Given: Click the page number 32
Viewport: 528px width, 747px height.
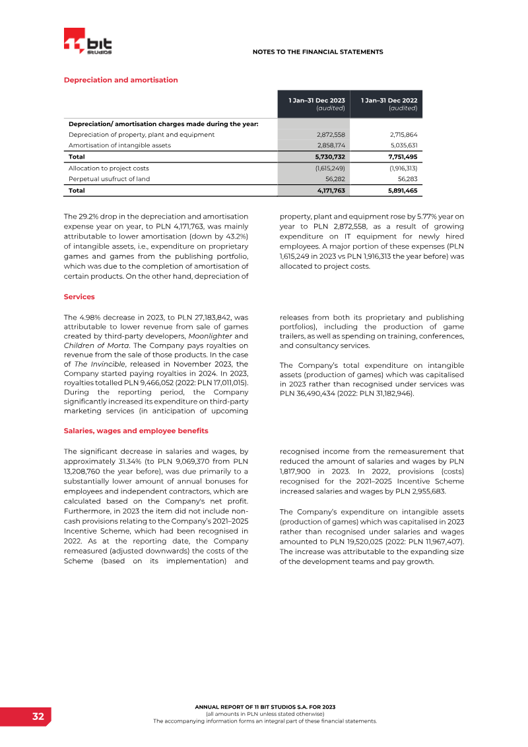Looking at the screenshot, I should coord(38,717).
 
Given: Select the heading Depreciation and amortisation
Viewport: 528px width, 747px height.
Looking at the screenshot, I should coord(121,80).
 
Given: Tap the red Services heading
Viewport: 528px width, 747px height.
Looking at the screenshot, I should coord(79,297).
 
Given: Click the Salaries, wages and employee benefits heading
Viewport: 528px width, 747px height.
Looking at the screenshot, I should coord(136,431).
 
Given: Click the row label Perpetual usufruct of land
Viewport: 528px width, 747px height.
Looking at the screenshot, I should coord(109,178).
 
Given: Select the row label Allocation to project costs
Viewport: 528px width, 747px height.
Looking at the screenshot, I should coord(108,168).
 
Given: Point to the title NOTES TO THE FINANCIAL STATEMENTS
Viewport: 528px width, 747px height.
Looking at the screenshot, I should coord(318,52).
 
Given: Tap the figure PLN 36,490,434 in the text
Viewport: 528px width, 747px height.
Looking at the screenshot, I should coord(309,393).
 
